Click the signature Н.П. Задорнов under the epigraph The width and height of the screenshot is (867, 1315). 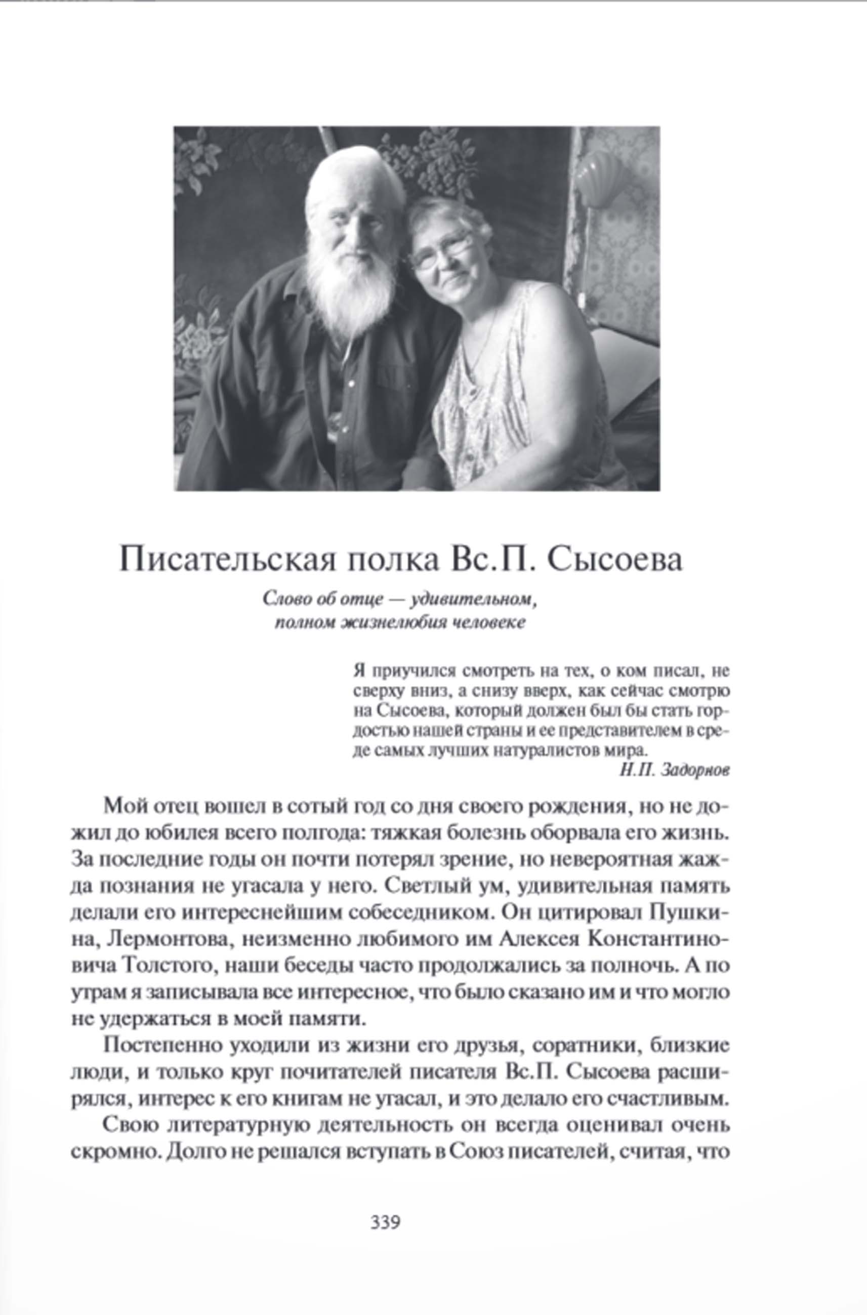[x=675, y=770]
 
